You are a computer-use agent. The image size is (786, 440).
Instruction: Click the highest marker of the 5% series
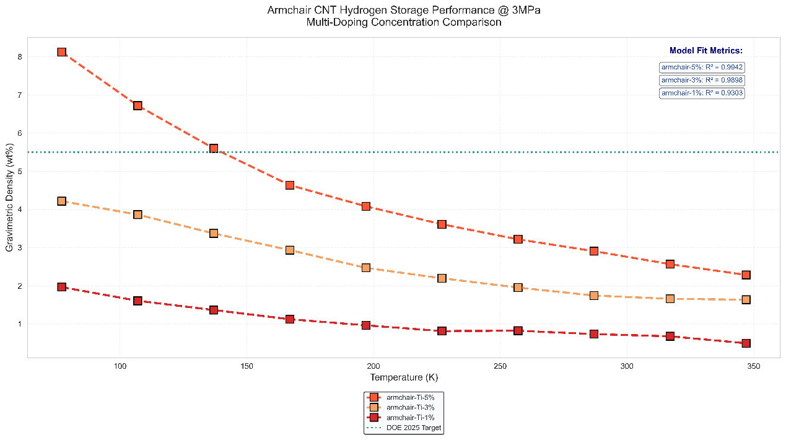click(61, 52)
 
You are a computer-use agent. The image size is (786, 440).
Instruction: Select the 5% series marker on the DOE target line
click(214, 149)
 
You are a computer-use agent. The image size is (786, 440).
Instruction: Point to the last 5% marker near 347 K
click(746, 275)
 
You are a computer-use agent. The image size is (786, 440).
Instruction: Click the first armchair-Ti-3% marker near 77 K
click(61, 201)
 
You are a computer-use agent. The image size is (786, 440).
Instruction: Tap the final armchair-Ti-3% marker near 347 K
click(746, 299)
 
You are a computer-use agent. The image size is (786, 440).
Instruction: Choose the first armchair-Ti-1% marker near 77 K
click(61, 287)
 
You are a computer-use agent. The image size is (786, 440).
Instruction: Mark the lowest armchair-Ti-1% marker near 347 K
click(746, 343)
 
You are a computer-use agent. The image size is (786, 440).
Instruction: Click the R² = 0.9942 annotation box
click(702, 67)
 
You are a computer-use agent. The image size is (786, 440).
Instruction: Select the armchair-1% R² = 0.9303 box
click(702, 93)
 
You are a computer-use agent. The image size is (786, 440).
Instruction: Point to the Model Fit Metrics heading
click(705, 51)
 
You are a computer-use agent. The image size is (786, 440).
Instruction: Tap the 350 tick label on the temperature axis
click(754, 366)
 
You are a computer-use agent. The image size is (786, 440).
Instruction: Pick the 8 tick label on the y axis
click(20, 57)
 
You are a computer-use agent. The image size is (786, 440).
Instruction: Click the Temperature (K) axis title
click(404, 377)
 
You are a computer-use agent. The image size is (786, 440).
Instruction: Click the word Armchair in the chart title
click(287, 11)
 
